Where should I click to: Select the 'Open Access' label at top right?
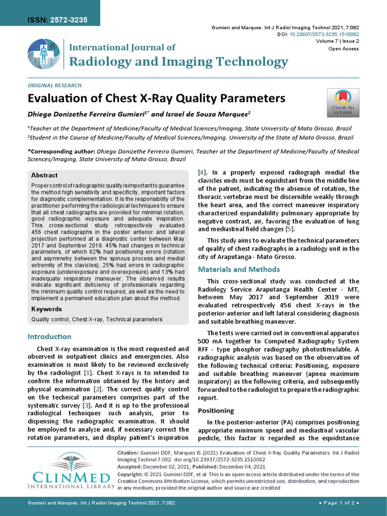[344, 49]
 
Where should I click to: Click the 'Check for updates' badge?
[343, 103]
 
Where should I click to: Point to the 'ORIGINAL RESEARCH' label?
[54, 86]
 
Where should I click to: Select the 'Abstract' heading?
[44, 175]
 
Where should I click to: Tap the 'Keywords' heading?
[46, 309]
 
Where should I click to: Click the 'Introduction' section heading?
[49, 336]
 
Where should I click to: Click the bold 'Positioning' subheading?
[216, 411]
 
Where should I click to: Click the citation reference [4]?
[202, 172]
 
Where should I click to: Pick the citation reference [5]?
[289, 229]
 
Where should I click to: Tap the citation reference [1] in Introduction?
[88, 373]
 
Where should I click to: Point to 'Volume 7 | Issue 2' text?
[338, 41]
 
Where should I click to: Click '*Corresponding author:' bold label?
[61, 151]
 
